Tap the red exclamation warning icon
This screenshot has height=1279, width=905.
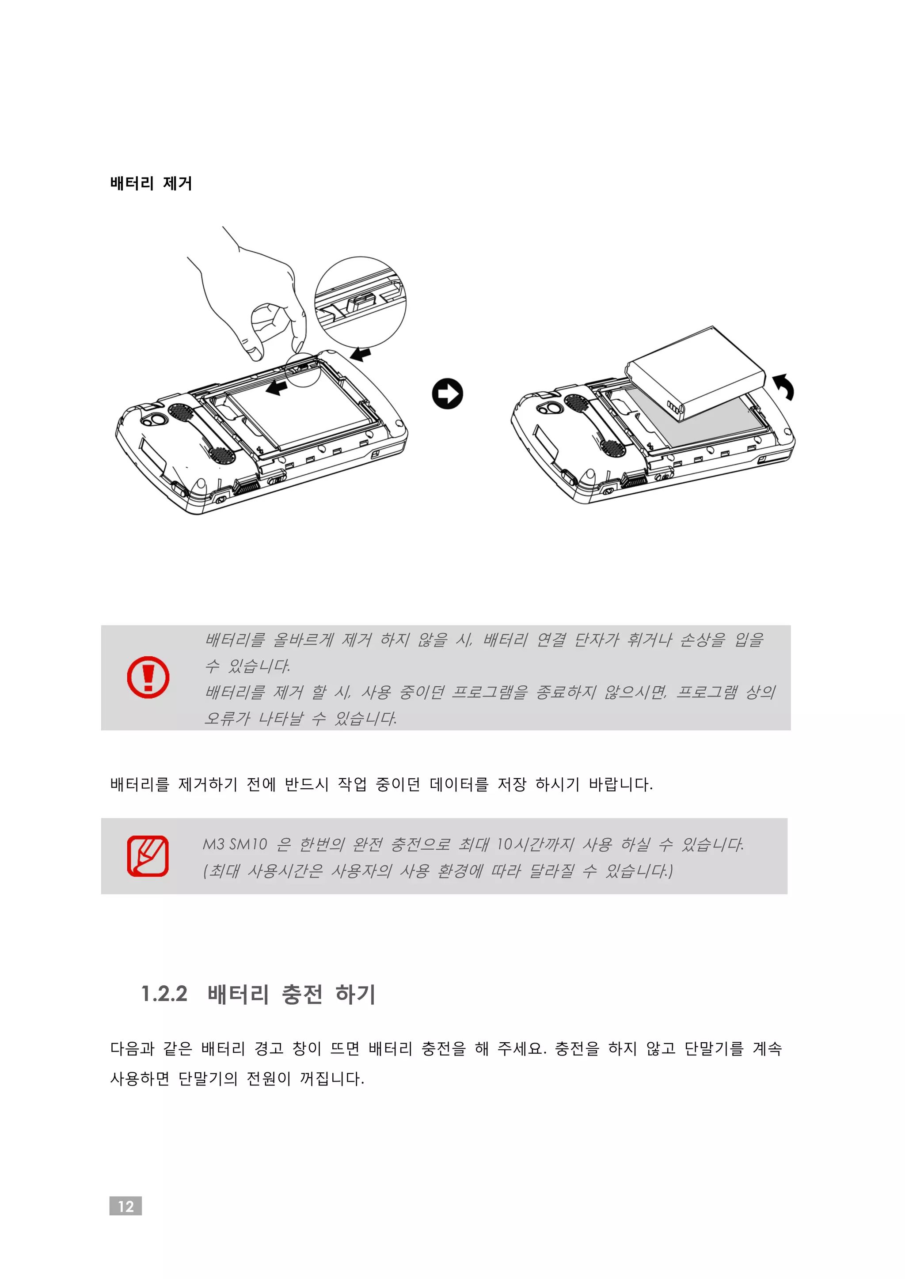(148, 677)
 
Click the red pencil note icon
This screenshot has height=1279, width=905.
(148, 856)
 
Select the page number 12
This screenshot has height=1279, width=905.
(125, 1206)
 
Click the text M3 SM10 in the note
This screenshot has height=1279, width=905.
(235, 844)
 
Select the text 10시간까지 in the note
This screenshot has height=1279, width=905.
(534, 844)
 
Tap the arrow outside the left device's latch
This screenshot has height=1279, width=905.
(361, 354)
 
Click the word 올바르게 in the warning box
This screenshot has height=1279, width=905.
(303, 639)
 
